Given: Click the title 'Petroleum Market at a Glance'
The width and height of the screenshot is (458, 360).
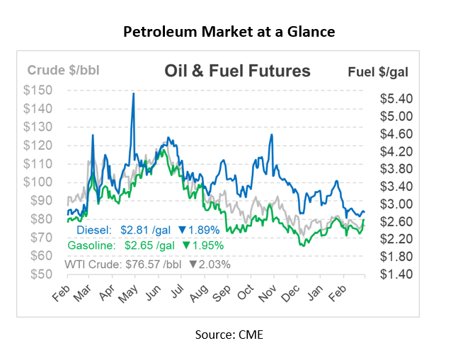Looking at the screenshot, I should tap(229, 32).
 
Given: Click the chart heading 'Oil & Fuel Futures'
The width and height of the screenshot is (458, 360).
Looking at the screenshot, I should tap(237, 71).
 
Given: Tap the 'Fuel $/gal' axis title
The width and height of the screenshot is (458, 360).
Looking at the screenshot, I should tap(378, 71).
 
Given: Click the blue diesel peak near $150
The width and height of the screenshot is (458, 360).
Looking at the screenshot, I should tap(133, 94).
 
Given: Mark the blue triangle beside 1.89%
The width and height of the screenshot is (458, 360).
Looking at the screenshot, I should tap(182, 230).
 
